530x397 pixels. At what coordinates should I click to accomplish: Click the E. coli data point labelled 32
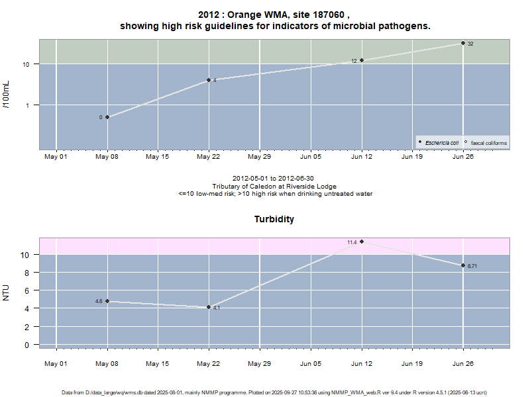click(463, 43)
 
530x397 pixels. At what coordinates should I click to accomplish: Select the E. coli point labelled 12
click(362, 60)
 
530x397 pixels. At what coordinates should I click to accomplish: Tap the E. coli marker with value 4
click(209, 80)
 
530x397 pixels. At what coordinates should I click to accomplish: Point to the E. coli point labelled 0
click(107, 117)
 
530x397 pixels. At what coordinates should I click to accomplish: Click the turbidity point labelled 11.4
click(362, 242)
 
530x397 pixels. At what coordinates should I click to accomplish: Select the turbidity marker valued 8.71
click(463, 265)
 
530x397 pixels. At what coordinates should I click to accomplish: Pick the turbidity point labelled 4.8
click(107, 301)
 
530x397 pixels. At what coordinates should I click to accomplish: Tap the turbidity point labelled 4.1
click(209, 307)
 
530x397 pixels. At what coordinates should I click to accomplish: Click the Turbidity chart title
click(274, 219)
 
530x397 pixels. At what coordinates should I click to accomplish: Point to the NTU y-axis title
click(7, 292)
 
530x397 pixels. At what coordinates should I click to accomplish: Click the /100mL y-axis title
click(7, 94)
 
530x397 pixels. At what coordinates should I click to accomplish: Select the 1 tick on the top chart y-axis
click(29, 105)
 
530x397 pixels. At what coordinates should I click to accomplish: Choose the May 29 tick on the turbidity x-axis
click(259, 363)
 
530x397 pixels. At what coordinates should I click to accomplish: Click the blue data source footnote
click(275, 392)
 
